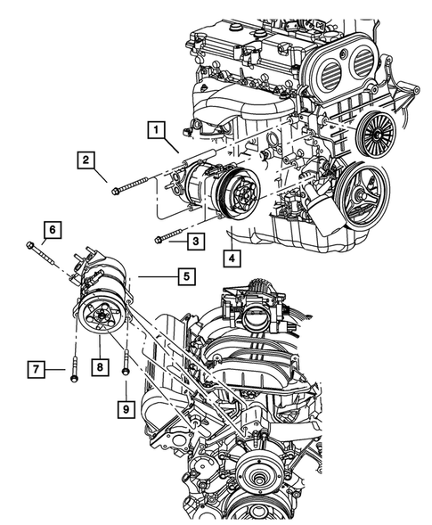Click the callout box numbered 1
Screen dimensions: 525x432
coord(155,131)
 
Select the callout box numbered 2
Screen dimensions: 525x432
coord(86,160)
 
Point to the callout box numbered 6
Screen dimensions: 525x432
coord(52,230)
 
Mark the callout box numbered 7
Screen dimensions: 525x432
coord(37,368)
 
